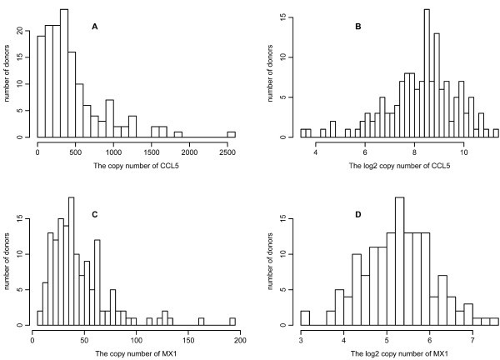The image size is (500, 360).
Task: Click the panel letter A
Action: [95, 27]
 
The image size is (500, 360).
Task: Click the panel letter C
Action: [95, 214]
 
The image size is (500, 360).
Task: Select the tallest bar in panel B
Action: [426, 74]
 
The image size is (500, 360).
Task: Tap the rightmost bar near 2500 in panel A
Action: [231, 134]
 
